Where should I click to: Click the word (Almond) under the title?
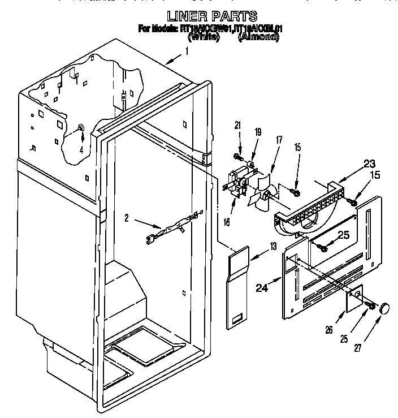[x=258, y=37]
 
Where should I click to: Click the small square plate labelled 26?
[x=353, y=301]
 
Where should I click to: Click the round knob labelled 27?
[x=385, y=308]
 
